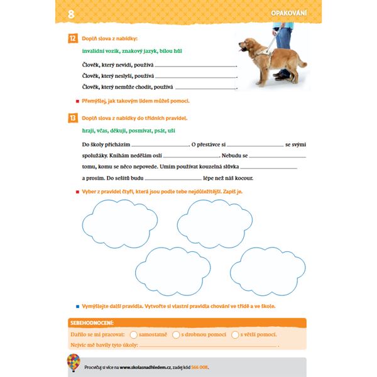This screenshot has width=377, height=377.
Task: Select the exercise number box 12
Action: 73,39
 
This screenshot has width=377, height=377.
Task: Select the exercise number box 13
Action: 73,117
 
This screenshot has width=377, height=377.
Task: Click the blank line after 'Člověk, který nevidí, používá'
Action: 195,65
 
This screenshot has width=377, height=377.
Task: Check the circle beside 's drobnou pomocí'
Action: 176,335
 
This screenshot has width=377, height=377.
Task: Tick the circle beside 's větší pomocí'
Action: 236,335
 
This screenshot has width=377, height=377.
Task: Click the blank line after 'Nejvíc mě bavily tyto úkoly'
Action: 207,345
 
